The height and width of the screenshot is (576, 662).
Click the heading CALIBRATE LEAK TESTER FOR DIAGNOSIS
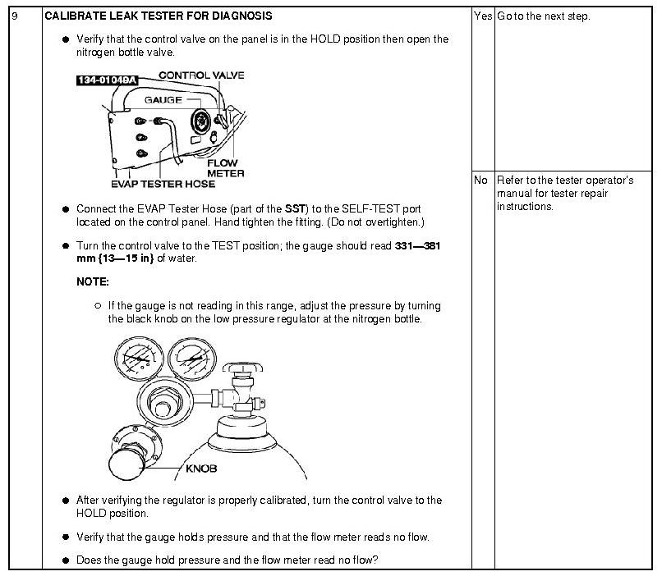[x=158, y=16]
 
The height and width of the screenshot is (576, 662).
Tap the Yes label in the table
[x=482, y=16]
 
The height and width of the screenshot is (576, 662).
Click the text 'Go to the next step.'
[x=543, y=16]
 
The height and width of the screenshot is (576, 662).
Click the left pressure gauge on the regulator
[x=136, y=362]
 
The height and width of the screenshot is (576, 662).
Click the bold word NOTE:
[x=92, y=281]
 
